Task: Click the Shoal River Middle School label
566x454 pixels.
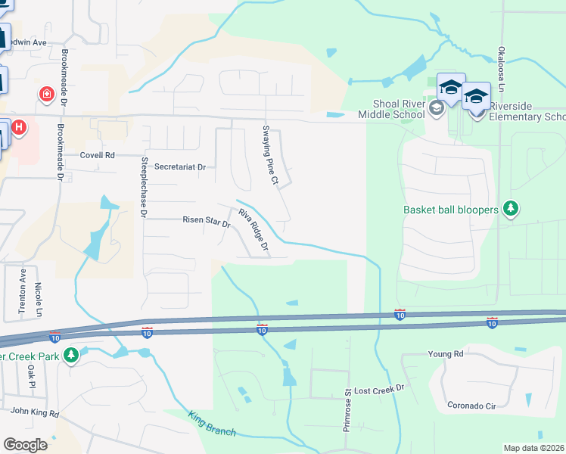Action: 398,110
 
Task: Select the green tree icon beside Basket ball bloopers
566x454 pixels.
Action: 511,208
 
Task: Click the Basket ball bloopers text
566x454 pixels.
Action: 451,210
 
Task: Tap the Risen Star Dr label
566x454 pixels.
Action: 206,220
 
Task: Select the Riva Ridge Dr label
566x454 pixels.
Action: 254,230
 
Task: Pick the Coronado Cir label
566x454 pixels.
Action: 471,406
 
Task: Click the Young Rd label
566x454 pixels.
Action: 445,353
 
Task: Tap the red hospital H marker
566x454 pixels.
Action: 20,127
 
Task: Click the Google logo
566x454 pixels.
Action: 25,445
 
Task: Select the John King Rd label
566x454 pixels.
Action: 35,412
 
